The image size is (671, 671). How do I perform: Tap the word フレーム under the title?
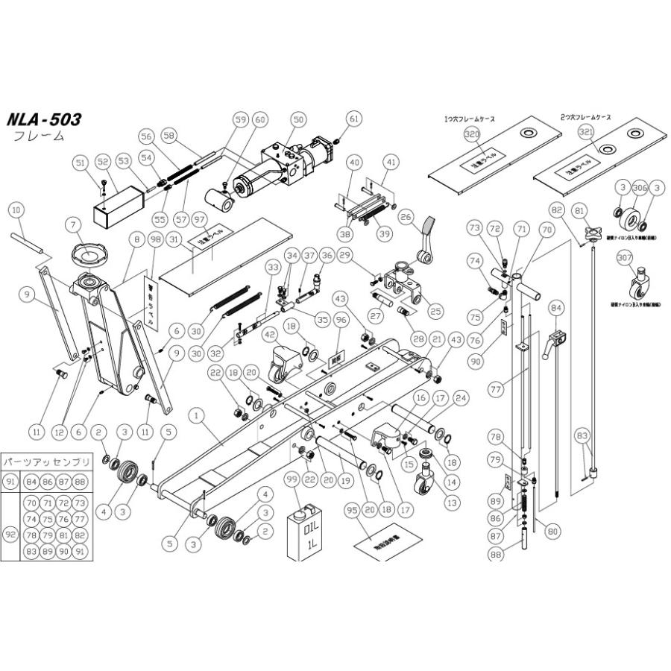(40, 136)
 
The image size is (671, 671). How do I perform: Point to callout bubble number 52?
(103, 161)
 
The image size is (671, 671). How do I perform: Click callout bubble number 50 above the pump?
(298, 119)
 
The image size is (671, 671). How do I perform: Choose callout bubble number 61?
(354, 119)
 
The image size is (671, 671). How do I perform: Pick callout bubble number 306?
(639, 189)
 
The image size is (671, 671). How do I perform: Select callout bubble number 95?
(353, 511)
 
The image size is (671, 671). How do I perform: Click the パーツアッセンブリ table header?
(46, 462)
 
